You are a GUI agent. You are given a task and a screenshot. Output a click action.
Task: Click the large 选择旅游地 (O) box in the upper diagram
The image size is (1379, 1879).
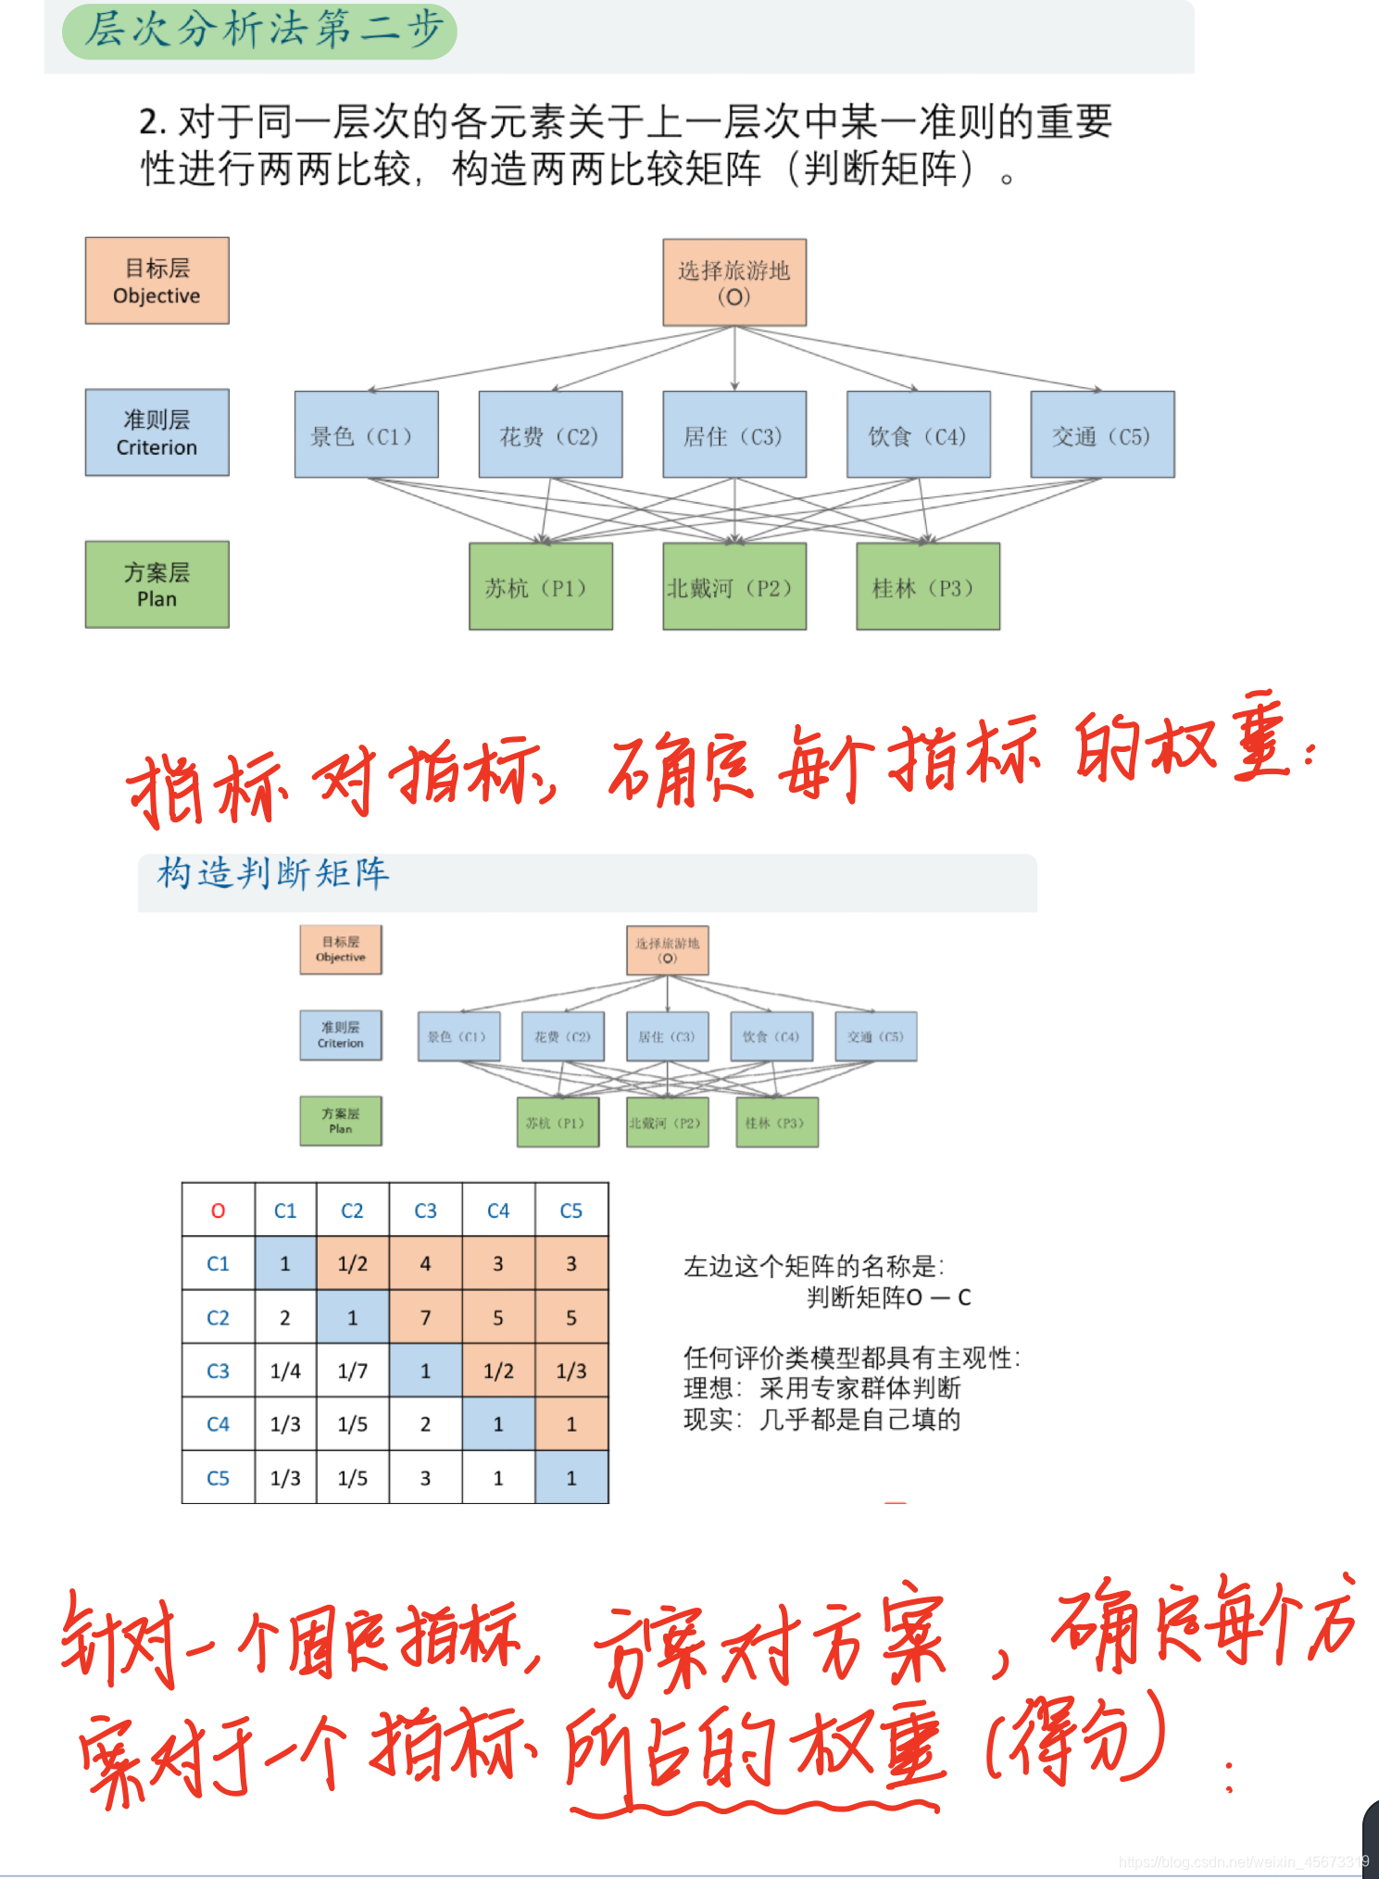coord(734,282)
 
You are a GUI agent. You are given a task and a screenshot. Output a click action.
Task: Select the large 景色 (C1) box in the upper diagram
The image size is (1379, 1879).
coord(366,434)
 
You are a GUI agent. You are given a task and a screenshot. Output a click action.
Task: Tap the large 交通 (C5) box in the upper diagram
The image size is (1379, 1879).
coord(1102,434)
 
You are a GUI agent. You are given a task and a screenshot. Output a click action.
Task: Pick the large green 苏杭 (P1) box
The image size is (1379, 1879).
coord(541,586)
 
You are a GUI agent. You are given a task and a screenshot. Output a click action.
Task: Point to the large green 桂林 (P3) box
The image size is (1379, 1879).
coord(928,586)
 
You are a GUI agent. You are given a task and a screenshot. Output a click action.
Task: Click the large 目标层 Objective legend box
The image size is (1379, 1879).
coord(157,281)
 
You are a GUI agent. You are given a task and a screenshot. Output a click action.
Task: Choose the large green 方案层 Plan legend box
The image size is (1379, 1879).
coord(157,584)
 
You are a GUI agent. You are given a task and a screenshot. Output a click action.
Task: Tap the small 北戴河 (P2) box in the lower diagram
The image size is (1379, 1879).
coord(667,1122)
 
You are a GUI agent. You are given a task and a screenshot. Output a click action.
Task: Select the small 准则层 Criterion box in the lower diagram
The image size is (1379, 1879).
coord(341,1034)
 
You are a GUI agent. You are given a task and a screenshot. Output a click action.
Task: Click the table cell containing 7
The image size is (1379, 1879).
coord(425,1317)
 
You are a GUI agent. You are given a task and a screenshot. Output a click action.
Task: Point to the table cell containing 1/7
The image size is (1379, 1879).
coord(352,1371)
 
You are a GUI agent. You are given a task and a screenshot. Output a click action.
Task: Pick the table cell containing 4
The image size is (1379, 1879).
coord(425,1263)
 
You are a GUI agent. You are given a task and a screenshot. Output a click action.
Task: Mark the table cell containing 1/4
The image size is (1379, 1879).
coord(285,1371)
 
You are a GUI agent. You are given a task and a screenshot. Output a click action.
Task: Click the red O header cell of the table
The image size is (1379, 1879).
coord(219,1210)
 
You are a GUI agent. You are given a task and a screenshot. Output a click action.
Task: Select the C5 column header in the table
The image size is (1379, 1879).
coord(571,1210)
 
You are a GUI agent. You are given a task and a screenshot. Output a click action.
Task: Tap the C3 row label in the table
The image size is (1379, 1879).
coord(219,1371)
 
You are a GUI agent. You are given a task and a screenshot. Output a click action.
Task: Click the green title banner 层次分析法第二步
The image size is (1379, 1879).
coord(260,30)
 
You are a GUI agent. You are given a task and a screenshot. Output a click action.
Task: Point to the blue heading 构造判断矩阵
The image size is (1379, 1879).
coord(273,872)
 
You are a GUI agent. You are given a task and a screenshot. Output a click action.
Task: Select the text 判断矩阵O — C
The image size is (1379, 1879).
coord(888,1297)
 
